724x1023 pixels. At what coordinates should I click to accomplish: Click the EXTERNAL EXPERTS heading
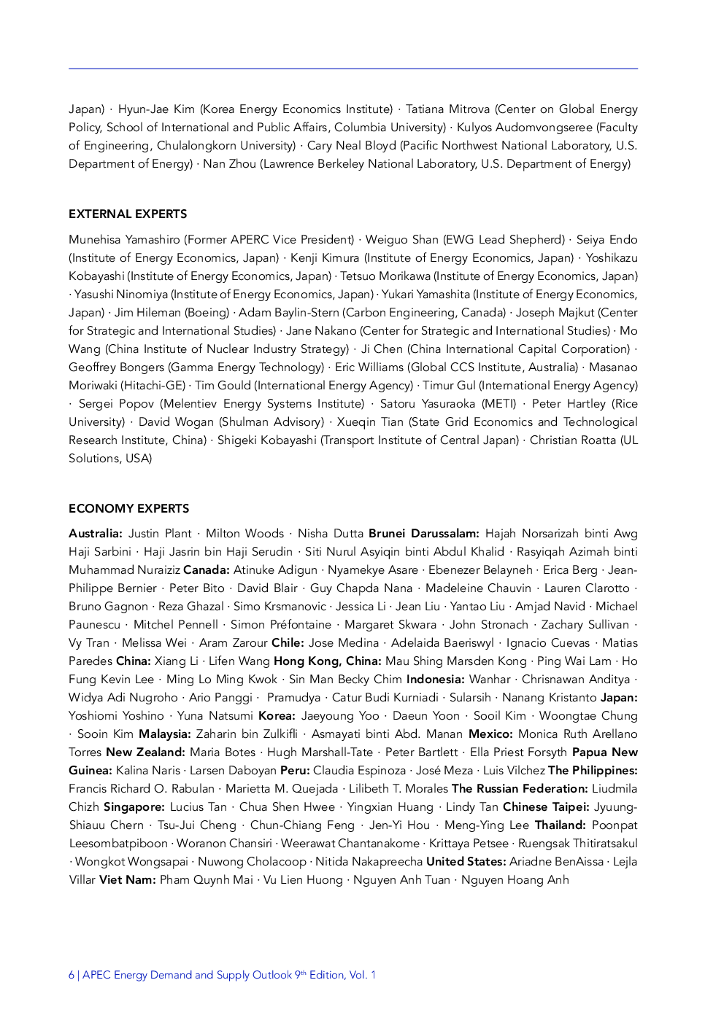point(128,214)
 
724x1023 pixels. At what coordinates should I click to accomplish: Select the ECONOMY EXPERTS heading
point(128,508)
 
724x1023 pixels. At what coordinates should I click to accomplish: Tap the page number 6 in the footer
point(72,975)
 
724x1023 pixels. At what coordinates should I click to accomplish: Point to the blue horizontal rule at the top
point(353,69)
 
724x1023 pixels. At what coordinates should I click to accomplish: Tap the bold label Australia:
point(96,533)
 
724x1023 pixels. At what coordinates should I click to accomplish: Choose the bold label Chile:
point(288,642)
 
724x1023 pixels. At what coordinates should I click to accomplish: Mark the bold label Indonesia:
point(435,679)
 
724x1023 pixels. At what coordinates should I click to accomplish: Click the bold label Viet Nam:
point(127,879)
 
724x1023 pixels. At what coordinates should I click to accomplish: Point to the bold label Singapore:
point(134,806)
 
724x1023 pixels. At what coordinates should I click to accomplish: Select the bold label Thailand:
point(560,825)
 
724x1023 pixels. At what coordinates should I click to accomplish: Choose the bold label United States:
point(466,861)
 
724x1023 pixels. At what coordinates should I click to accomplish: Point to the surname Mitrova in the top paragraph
point(467,109)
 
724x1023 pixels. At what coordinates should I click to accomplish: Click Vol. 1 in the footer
point(363,975)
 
